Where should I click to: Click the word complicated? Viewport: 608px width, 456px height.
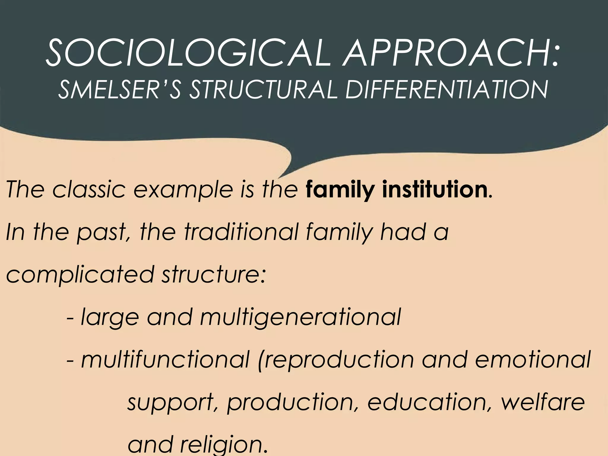[x=80, y=275]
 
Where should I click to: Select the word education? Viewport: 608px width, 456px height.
[x=429, y=403]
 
